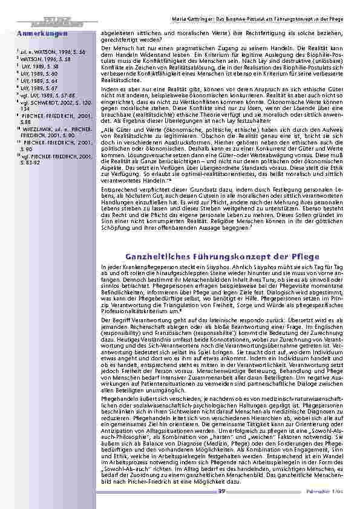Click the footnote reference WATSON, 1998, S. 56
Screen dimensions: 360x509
pyautogui.click(x=45, y=53)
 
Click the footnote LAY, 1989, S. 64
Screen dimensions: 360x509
pyautogui.click(x=40, y=80)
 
